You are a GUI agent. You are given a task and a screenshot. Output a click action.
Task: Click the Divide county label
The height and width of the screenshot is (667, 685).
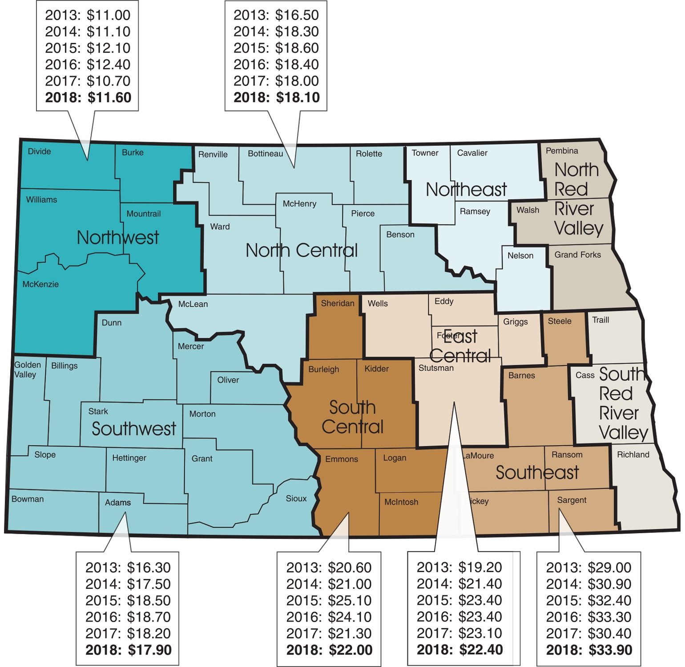(x=39, y=152)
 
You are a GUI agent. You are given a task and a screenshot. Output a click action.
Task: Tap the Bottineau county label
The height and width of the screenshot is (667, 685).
(x=265, y=154)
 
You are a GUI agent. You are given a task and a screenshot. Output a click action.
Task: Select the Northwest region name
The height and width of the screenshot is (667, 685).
(x=117, y=237)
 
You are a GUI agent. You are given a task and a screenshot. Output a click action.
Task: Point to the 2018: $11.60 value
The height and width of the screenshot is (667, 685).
(x=88, y=97)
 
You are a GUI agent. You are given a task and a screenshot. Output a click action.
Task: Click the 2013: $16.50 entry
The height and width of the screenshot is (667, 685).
(x=276, y=15)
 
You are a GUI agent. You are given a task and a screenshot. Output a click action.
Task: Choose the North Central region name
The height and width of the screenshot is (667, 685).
(x=302, y=250)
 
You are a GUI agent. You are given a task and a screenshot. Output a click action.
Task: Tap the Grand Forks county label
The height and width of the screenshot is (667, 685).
(x=577, y=255)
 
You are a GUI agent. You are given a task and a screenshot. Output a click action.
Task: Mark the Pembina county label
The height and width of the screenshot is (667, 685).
(x=562, y=151)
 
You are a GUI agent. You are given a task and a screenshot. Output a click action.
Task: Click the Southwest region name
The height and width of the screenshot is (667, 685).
(x=133, y=429)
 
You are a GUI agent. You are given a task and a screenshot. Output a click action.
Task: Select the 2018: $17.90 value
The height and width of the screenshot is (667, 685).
(x=128, y=650)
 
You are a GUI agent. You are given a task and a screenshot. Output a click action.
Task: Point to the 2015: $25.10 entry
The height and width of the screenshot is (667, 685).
(x=329, y=601)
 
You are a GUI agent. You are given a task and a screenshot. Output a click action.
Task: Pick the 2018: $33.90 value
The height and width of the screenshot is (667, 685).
(x=589, y=650)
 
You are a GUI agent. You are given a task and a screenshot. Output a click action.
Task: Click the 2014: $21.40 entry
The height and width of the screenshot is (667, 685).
(x=459, y=584)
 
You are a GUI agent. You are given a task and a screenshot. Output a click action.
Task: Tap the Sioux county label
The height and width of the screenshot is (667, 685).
(x=296, y=498)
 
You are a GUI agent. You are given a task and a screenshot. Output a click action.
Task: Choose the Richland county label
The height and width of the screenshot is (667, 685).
(x=633, y=454)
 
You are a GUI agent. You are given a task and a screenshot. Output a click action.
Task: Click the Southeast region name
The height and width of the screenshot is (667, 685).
(x=537, y=473)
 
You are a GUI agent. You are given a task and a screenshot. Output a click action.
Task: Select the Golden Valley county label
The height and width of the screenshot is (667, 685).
(x=27, y=370)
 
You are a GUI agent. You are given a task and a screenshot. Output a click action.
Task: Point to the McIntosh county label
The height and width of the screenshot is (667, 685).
(x=401, y=502)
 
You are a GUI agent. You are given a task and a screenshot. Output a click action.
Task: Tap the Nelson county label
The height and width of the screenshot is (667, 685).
(x=520, y=256)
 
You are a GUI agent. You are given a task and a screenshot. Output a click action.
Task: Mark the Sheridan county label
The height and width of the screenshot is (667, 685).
(x=338, y=303)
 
